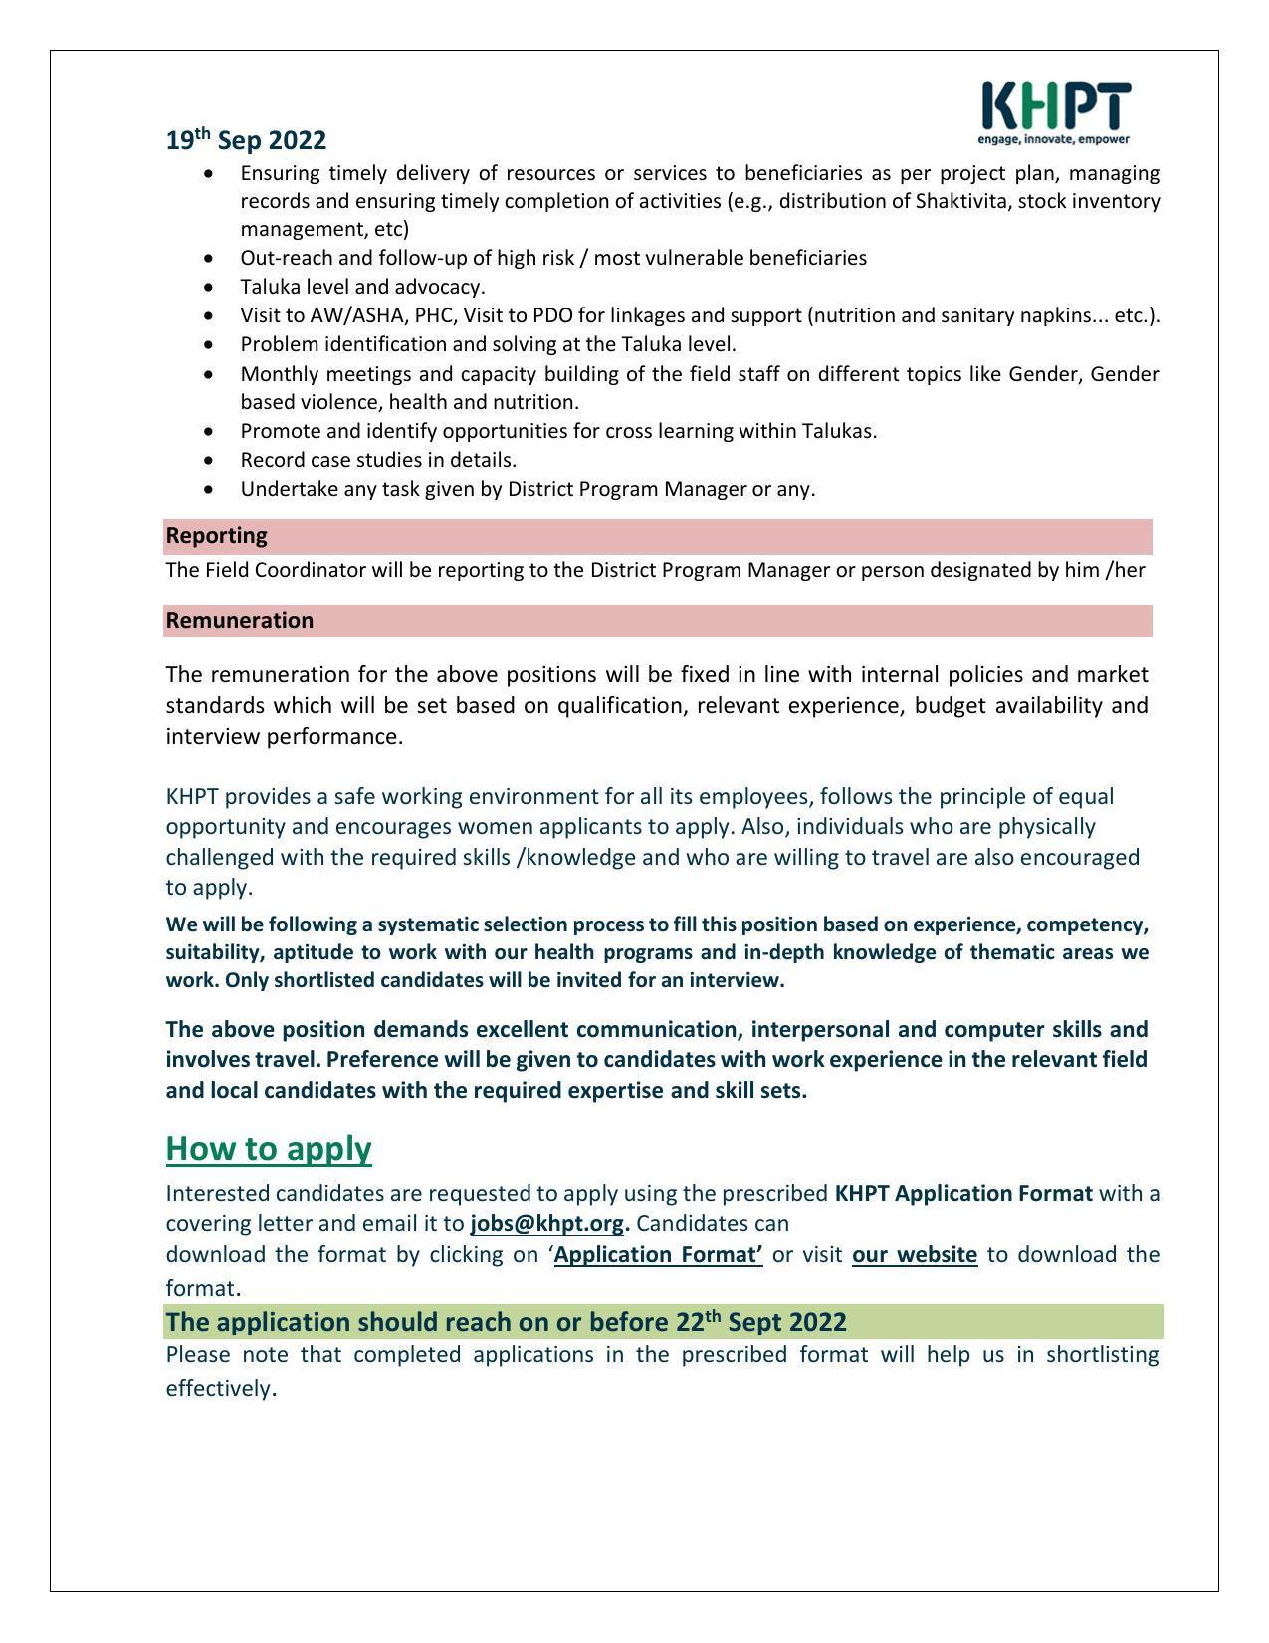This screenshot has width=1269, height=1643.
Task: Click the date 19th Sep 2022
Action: [x=246, y=140]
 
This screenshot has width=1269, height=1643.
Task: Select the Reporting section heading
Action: [x=217, y=536]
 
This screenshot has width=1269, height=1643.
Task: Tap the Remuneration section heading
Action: [x=240, y=621]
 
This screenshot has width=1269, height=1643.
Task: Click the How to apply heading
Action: [x=269, y=1148]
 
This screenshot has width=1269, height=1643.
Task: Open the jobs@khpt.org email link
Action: [x=546, y=1223]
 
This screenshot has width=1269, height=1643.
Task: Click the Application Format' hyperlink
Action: [x=658, y=1254]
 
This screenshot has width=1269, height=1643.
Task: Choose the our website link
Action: [x=915, y=1254]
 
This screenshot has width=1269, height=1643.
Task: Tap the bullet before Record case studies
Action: [x=208, y=460]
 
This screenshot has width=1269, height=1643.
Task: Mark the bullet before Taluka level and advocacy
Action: [x=208, y=287]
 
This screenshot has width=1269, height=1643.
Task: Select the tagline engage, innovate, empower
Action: [x=1054, y=140]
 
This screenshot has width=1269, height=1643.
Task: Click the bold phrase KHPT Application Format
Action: [x=963, y=1193]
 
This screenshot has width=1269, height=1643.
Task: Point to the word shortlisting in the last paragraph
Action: [x=1102, y=1355]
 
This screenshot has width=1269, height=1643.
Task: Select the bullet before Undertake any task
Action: [x=208, y=489]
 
